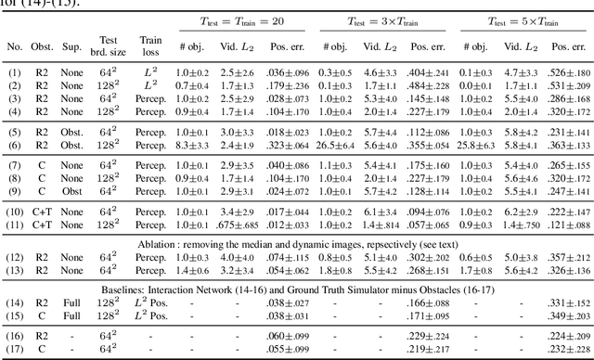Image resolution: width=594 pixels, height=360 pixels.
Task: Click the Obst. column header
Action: pos(45,46)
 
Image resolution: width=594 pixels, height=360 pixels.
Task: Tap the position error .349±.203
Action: pos(561,315)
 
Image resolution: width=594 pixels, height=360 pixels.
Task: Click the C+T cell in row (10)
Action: pos(44,212)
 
